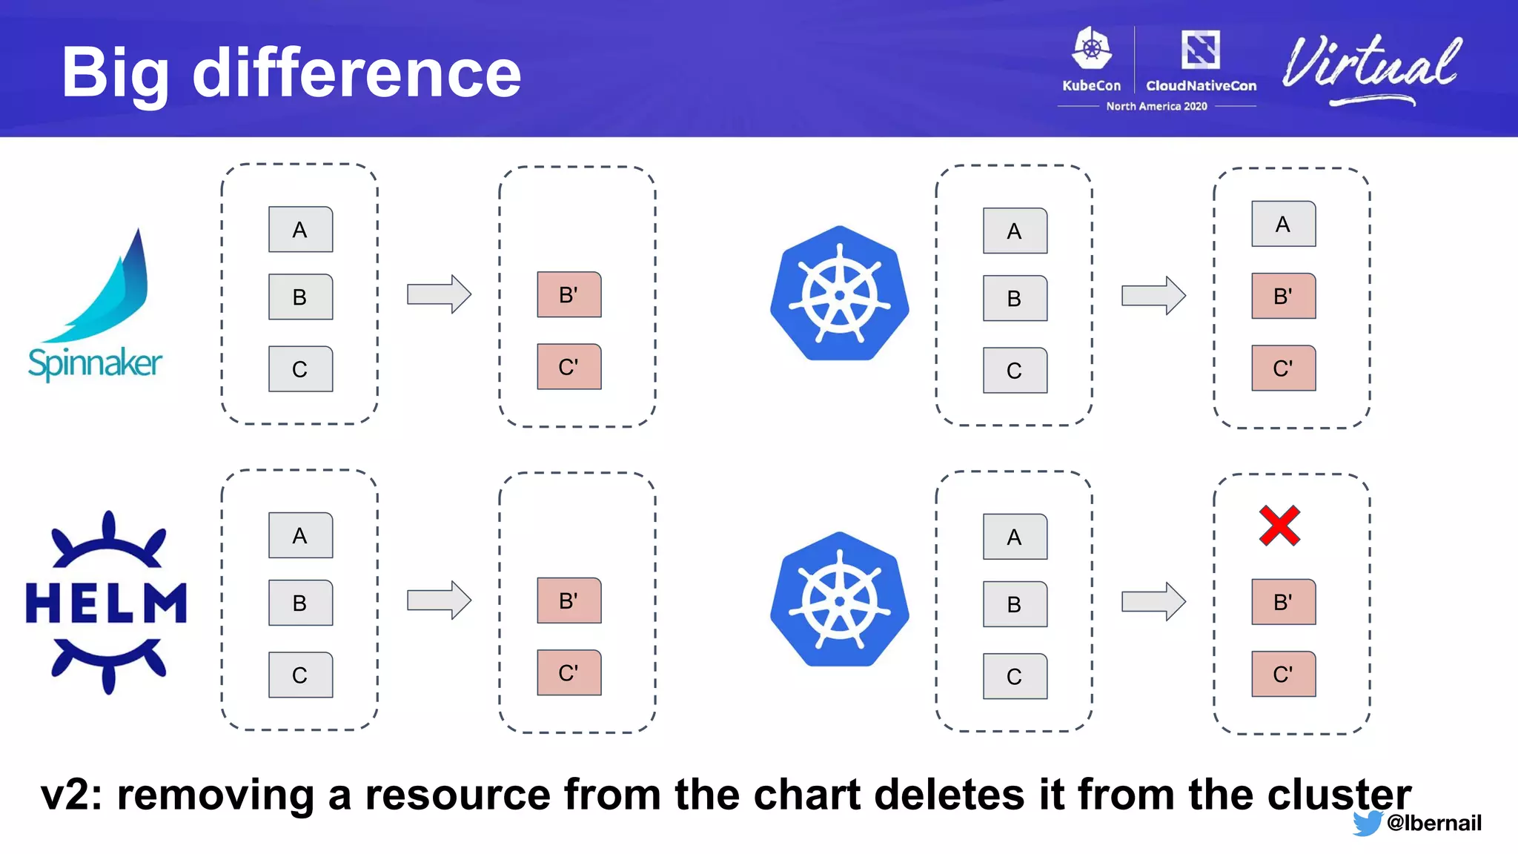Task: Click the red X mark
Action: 1279,526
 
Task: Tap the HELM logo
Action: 106,602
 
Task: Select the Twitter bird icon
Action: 1366,823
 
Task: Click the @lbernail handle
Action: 1434,823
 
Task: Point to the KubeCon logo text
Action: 1091,85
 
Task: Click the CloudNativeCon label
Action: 1201,85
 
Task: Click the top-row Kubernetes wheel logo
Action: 839,294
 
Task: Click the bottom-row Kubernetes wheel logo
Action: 839,600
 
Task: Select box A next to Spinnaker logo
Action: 300,230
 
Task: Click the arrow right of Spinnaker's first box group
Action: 439,294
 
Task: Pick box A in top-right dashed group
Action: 1283,225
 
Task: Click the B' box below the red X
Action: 1283,602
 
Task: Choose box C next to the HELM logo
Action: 300,675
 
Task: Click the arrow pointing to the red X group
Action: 1153,601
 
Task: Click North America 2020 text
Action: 1156,107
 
